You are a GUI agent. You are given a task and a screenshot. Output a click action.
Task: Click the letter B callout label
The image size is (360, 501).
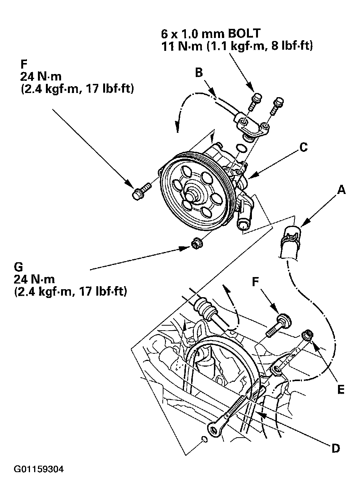tap(200, 72)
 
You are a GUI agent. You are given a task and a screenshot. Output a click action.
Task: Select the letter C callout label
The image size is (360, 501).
tap(303, 147)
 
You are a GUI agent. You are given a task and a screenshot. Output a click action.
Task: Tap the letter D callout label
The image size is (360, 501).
tap(335, 449)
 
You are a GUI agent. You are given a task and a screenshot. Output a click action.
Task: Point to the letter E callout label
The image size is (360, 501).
tap(340, 389)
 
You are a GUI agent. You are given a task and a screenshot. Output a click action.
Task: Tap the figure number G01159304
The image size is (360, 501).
tap(39, 469)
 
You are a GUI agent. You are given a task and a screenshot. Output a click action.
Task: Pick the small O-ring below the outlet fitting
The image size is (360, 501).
tap(241, 148)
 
